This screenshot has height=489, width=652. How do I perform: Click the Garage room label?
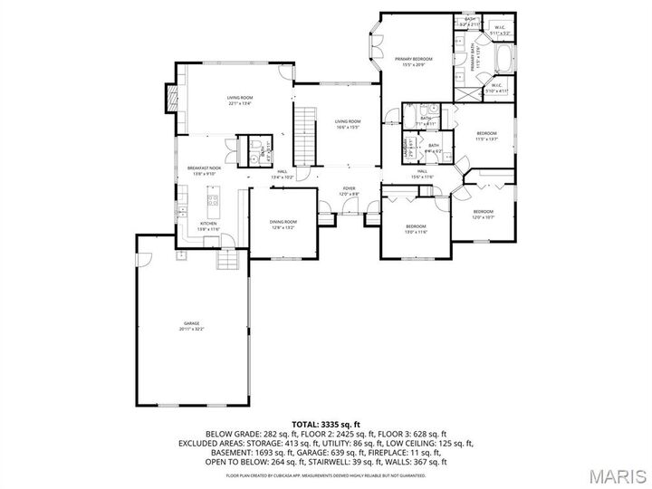[192, 327]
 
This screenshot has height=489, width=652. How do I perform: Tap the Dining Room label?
[283, 225]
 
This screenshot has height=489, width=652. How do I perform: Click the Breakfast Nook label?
[205, 171]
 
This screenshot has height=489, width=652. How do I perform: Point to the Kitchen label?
[208, 226]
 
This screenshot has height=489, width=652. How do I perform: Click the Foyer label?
[349, 191]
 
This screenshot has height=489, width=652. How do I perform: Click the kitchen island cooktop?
[214, 198]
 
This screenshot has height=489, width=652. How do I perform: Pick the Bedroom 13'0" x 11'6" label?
[416, 229]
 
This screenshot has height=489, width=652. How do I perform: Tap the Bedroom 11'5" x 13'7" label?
[487, 136]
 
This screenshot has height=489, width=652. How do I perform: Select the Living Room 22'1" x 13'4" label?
[239, 101]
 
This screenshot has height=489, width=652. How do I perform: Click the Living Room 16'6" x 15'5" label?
[347, 124]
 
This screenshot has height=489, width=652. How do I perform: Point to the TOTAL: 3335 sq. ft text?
[326, 423]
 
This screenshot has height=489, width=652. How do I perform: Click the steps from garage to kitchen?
[228, 262]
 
